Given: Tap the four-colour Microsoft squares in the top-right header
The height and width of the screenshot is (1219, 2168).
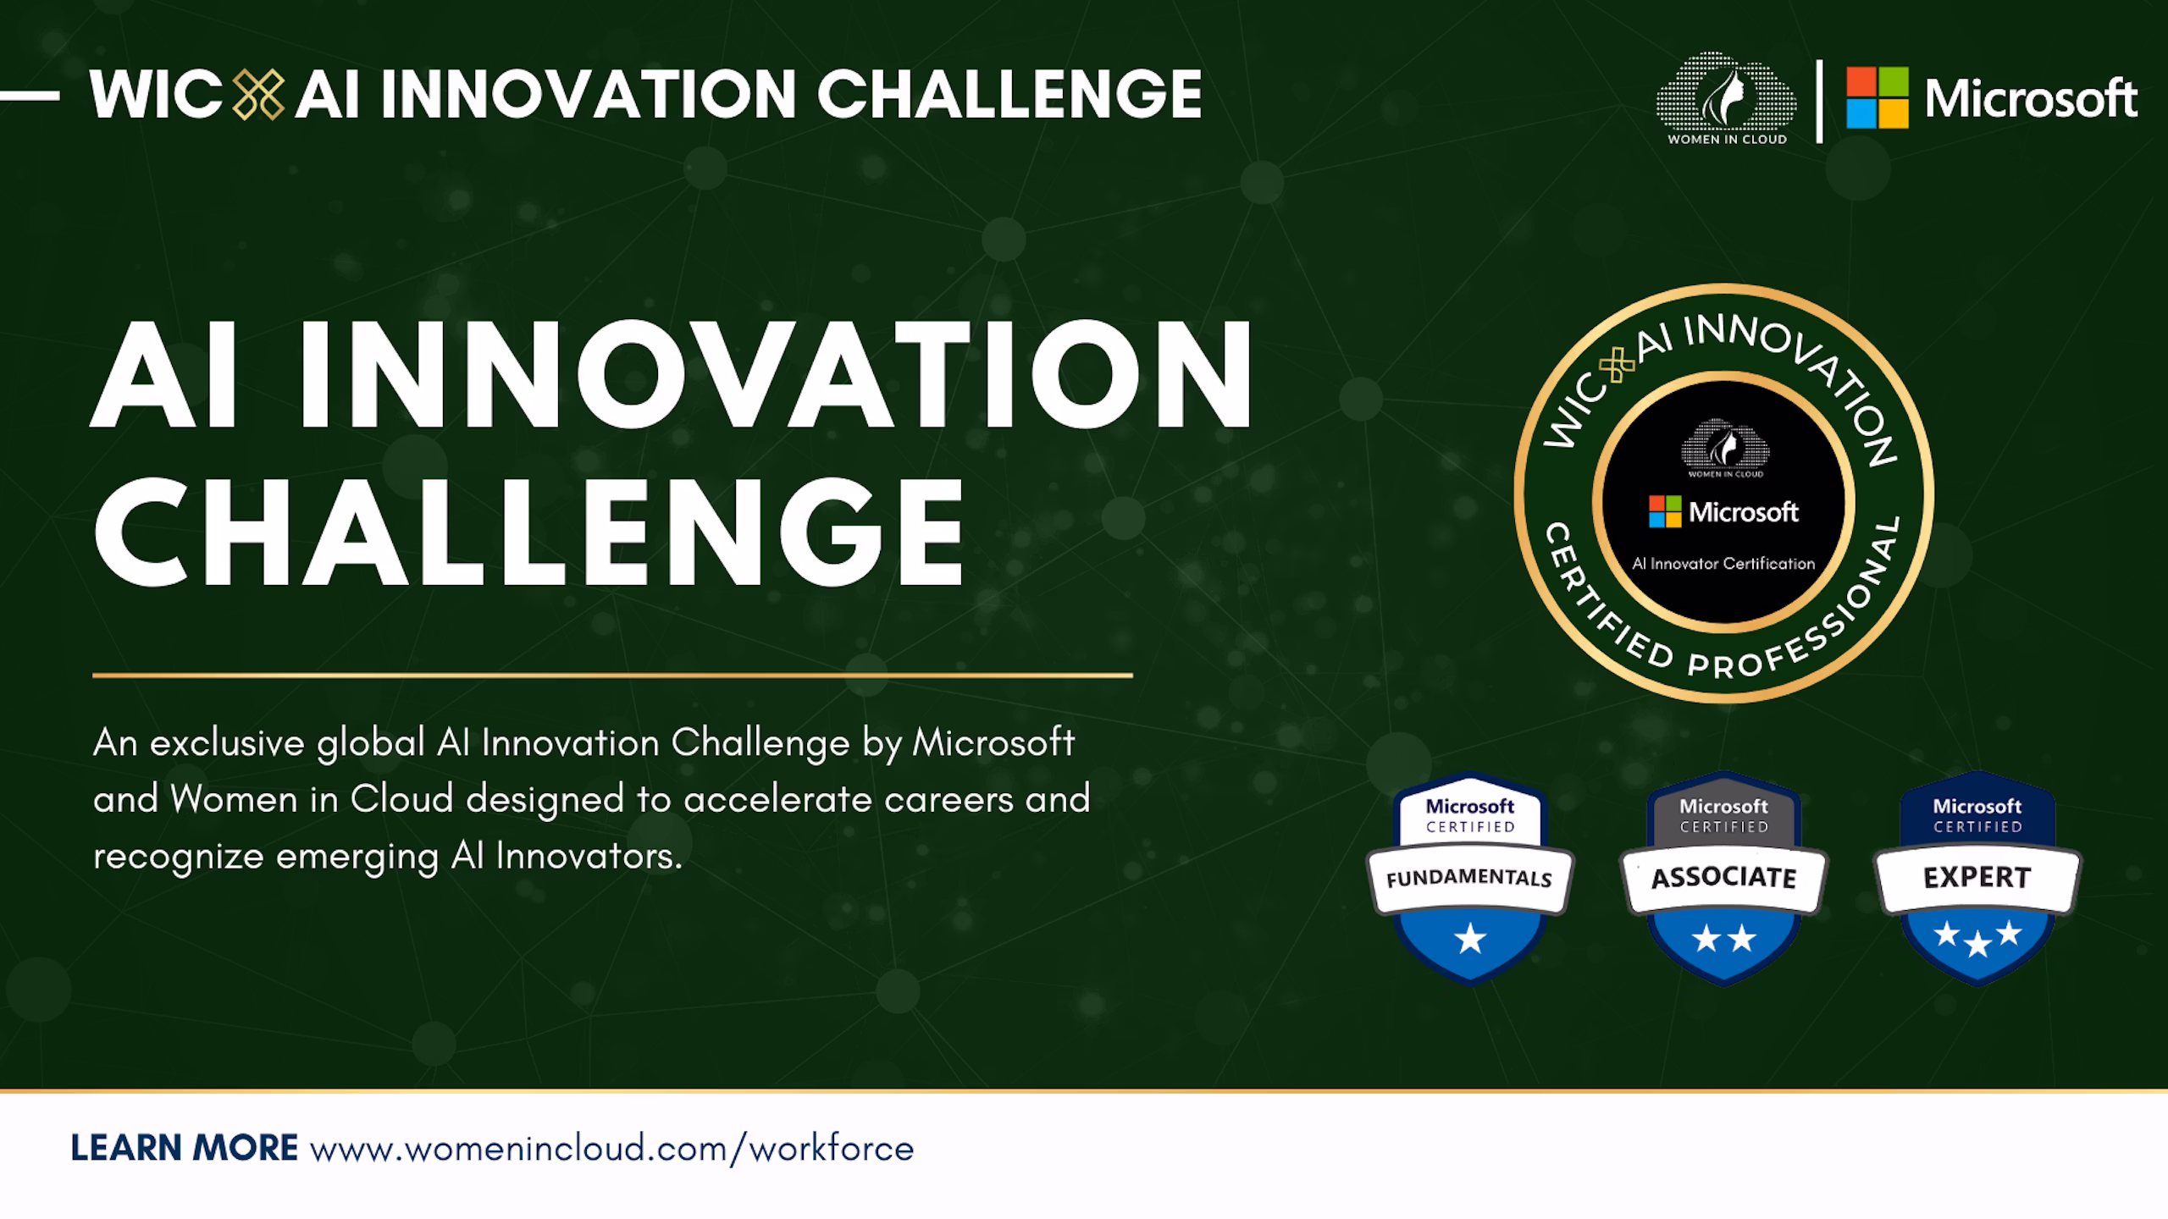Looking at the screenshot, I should click(x=1878, y=98).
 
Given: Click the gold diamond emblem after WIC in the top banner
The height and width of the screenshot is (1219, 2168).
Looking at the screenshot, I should click(x=258, y=94).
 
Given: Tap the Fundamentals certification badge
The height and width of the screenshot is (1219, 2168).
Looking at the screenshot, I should click(x=1470, y=878).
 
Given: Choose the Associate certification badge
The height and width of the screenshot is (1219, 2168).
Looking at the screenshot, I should click(x=1724, y=878).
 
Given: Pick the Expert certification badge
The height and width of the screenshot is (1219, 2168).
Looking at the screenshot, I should click(x=1977, y=878).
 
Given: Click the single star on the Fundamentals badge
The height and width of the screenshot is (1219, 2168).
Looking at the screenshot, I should click(x=1470, y=939).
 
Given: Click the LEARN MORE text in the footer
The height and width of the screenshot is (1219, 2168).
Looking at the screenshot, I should click(x=184, y=1149).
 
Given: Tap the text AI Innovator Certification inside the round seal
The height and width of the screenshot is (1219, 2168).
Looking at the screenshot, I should click(x=1723, y=564).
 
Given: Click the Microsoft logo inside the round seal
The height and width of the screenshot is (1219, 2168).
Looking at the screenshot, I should click(x=1723, y=512).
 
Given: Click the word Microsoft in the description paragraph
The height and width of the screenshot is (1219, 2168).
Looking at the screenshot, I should click(x=993, y=743).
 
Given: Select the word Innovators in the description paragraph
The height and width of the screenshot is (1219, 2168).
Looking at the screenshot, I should click(x=589, y=857).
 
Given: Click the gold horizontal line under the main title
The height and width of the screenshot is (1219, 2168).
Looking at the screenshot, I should click(x=612, y=676).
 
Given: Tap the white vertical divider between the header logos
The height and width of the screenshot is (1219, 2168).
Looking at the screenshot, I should click(x=1819, y=101).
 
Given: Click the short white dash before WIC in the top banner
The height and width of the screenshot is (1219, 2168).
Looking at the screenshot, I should click(x=30, y=96).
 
